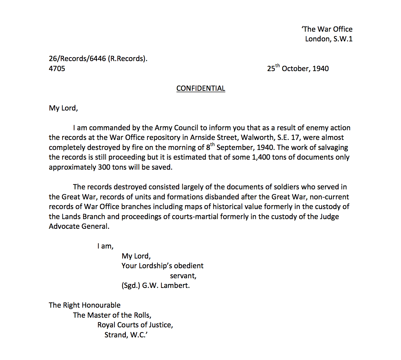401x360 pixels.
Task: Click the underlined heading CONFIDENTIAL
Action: pos(200,89)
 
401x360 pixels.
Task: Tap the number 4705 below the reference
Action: pos(57,69)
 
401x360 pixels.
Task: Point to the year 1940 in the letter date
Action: pos(320,69)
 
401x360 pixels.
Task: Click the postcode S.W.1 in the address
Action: pos(343,39)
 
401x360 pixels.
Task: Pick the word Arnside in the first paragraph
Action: pos(202,138)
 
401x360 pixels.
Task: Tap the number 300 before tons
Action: pos(104,167)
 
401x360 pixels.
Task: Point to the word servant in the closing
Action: pos(183,276)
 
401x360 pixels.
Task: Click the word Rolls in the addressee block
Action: pos(142,315)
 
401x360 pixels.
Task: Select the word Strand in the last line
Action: pos(116,335)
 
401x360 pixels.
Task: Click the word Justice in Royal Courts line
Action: pos(161,325)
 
